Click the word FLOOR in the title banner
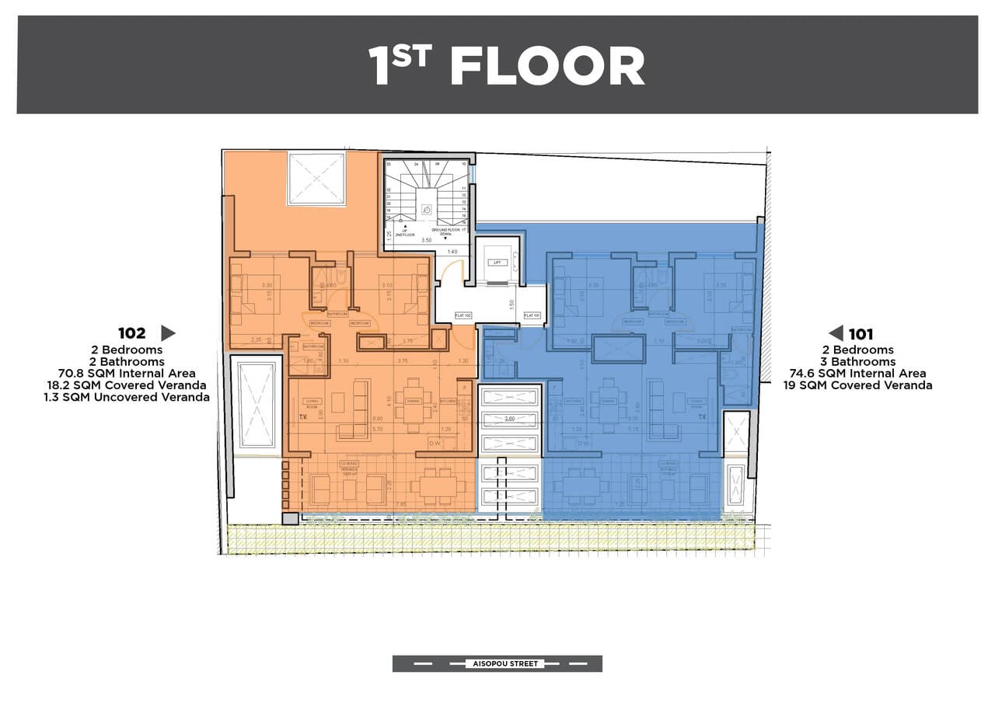point(547,67)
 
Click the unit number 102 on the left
point(131,333)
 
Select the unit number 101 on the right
point(861,335)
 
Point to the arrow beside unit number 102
point(168,333)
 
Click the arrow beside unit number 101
point(836,334)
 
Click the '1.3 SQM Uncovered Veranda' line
point(127,397)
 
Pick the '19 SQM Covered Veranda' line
point(858,385)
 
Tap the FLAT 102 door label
point(464,315)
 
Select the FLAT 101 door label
point(532,315)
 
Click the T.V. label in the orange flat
point(303,417)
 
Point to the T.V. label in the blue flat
point(702,417)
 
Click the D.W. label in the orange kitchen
point(435,444)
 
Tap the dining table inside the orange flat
point(411,402)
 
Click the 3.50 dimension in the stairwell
point(425,241)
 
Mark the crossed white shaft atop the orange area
point(316,178)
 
